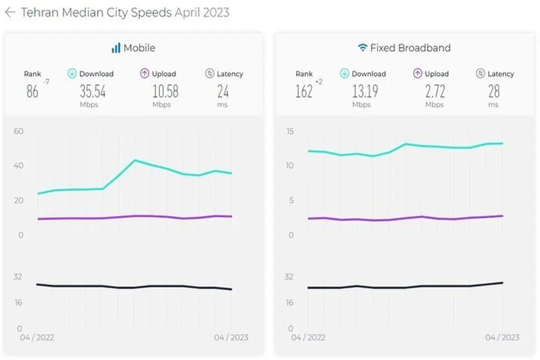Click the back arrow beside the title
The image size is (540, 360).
pyautogui.click(x=10, y=12)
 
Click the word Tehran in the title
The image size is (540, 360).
pyautogui.click(x=40, y=13)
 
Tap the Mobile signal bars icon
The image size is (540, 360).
pyautogui.click(x=116, y=48)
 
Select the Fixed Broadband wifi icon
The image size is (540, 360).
pyautogui.click(x=363, y=48)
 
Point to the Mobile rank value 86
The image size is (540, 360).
pyautogui.click(x=32, y=91)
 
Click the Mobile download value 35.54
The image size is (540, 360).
pyautogui.click(x=93, y=91)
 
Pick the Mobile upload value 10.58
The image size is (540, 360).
pyautogui.click(x=166, y=91)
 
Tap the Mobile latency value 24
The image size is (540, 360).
pyautogui.click(x=223, y=91)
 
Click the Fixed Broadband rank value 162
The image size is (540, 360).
pyautogui.click(x=304, y=91)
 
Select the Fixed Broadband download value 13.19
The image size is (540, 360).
pyautogui.click(x=365, y=91)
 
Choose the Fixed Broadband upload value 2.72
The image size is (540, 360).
pyautogui.click(x=435, y=91)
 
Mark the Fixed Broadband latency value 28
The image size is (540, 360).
pyautogui.click(x=494, y=91)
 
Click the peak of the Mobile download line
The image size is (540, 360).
pyautogui.click(x=135, y=160)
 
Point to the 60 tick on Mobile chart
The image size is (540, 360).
pyautogui.click(x=18, y=131)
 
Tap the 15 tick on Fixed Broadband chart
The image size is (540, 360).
pyautogui.click(x=290, y=131)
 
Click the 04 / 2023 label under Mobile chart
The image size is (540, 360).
pyautogui.click(x=231, y=337)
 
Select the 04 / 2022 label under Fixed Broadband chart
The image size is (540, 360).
pyautogui.click(x=308, y=337)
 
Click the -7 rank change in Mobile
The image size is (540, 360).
pyautogui.click(x=46, y=82)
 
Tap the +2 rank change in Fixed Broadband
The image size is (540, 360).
pyautogui.click(x=319, y=82)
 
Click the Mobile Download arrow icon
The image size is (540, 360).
pyautogui.click(x=72, y=73)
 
